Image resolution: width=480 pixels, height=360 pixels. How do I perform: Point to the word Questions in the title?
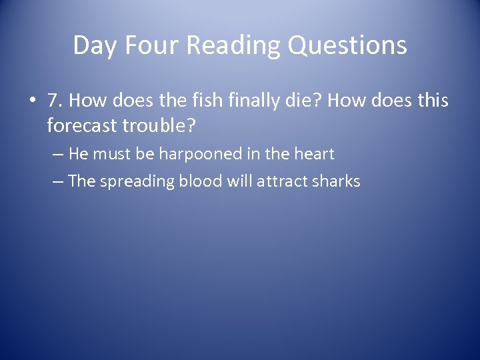point(348,45)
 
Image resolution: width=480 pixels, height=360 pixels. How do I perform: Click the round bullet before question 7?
point(32,102)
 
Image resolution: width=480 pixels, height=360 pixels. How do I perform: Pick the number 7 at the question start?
point(54,101)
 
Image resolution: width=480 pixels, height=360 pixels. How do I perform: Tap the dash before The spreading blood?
point(57,181)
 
